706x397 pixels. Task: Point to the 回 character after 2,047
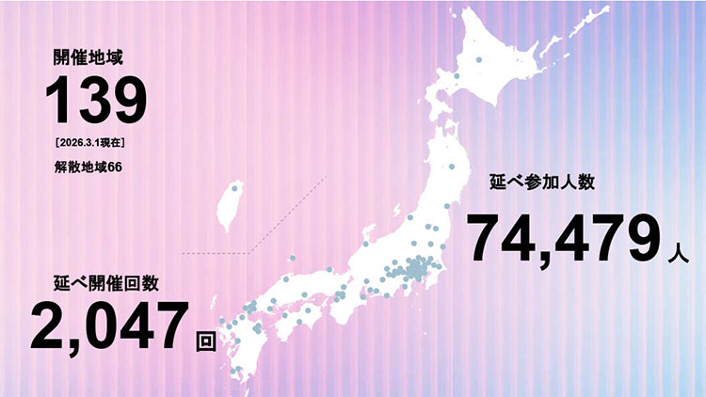[x=205, y=340]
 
